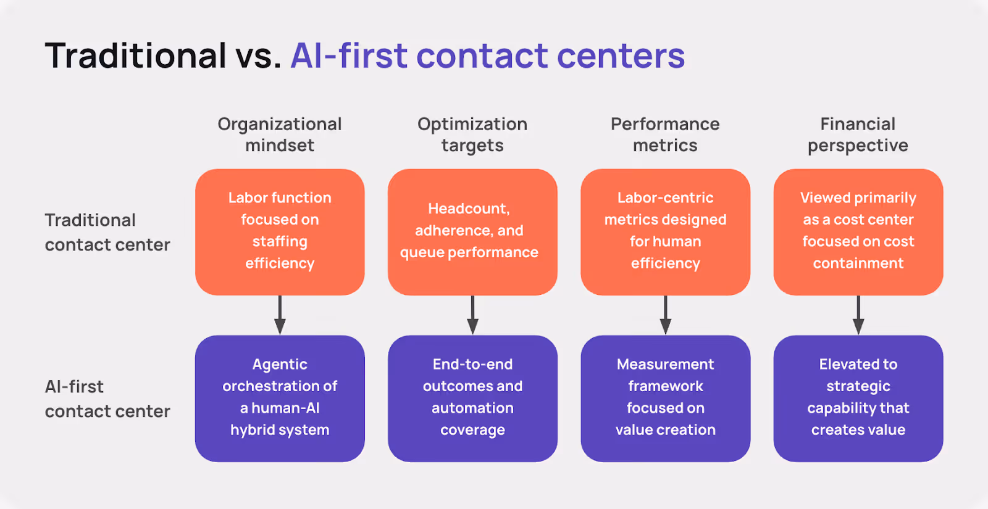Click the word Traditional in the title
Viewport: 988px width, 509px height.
136,56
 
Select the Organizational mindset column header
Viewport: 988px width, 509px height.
280,134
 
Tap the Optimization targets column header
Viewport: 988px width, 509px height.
472,134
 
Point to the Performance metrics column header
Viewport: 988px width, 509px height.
665,134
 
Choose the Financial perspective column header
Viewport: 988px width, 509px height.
858,134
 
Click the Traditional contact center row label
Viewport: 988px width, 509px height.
107,233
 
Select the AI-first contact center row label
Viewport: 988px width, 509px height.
107,399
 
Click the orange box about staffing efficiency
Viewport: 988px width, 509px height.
280,231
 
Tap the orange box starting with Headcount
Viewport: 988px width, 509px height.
472,231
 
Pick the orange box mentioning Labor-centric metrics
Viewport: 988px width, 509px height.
665,231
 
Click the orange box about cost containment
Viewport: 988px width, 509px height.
858,231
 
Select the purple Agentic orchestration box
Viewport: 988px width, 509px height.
280,398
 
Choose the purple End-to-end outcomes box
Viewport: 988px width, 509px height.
472,398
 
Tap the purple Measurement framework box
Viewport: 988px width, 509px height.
665,398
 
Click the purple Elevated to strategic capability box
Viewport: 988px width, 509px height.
858,398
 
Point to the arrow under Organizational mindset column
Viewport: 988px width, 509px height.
280,315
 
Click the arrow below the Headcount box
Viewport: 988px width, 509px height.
472,315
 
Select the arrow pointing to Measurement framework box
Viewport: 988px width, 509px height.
665,315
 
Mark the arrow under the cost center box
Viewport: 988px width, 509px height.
858,315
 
